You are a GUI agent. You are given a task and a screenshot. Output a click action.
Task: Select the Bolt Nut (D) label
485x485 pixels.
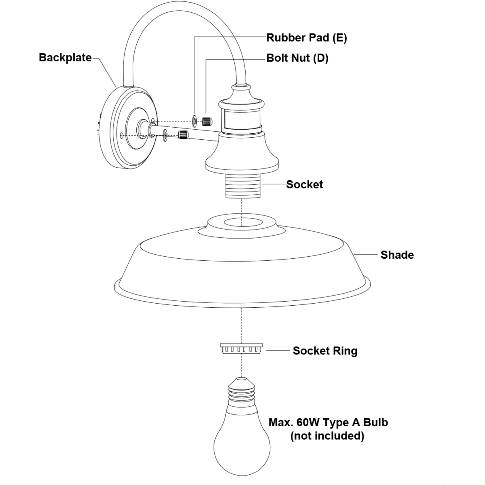tap(297, 58)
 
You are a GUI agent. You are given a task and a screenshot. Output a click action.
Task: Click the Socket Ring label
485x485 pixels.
tap(325, 351)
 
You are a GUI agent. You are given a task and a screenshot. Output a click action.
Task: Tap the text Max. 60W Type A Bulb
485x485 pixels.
tap(328, 423)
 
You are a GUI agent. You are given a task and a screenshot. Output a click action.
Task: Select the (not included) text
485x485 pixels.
tap(327, 436)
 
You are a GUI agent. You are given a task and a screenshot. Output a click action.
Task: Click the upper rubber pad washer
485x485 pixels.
tap(195, 121)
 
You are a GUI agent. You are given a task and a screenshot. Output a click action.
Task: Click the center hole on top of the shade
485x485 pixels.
tap(243, 222)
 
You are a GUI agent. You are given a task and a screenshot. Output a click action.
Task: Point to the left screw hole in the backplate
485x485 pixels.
tap(122, 136)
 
